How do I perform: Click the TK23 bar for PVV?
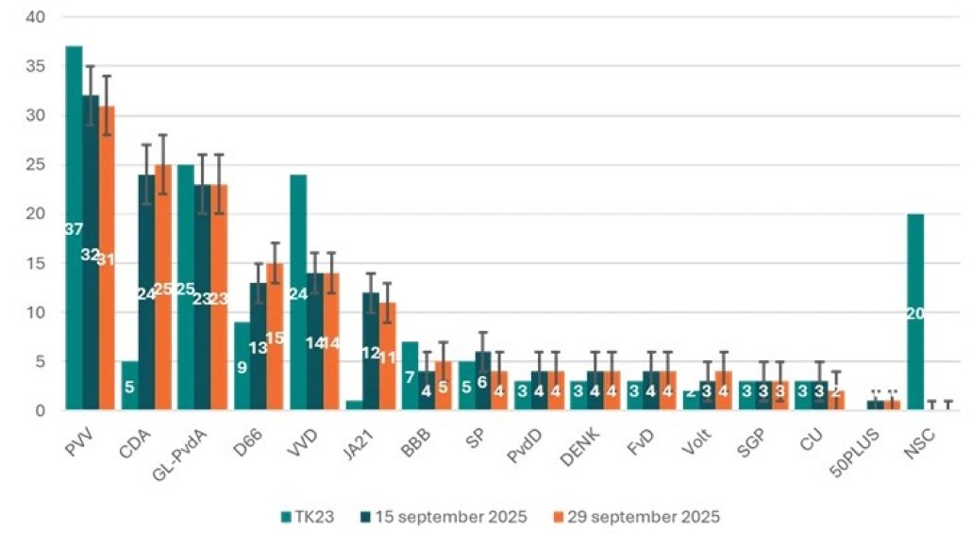[x=74, y=227]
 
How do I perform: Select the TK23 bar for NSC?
[x=915, y=312]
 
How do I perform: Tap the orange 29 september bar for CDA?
[x=162, y=288]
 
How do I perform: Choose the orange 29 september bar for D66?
[x=274, y=337]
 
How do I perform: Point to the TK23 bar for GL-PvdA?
[x=186, y=288]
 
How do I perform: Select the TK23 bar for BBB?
[x=411, y=376]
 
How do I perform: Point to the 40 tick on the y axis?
[x=37, y=18]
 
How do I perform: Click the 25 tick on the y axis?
[x=37, y=165]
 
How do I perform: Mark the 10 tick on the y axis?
[x=37, y=312]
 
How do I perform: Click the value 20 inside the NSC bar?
[x=915, y=314]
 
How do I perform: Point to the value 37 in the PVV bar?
[x=74, y=229]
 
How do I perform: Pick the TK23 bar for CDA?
[x=129, y=386]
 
